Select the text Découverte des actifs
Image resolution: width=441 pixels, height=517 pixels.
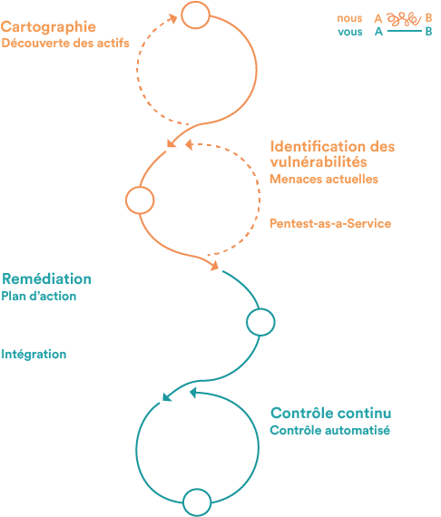(x=65, y=44)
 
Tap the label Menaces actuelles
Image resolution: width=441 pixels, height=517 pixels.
(x=324, y=179)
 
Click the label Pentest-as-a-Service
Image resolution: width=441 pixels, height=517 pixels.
(x=330, y=223)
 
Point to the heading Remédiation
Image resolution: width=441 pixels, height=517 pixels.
(x=46, y=279)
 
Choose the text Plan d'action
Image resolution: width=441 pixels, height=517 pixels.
(x=39, y=296)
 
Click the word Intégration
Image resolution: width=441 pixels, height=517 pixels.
(x=34, y=355)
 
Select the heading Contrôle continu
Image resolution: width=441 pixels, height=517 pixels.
(x=331, y=413)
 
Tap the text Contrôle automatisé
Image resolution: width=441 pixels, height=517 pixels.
(x=330, y=430)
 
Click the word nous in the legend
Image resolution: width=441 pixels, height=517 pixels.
(x=349, y=18)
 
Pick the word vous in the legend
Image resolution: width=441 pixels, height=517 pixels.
(x=350, y=32)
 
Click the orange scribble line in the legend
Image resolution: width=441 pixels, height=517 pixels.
(x=404, y=19)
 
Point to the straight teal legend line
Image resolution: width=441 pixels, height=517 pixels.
(x=405, y=31)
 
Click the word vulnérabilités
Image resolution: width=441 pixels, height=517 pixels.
(x=318, y=161)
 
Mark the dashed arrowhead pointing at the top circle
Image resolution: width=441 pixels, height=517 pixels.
(x=172, y=18)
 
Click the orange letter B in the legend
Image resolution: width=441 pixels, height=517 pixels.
(x=428, y=18)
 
